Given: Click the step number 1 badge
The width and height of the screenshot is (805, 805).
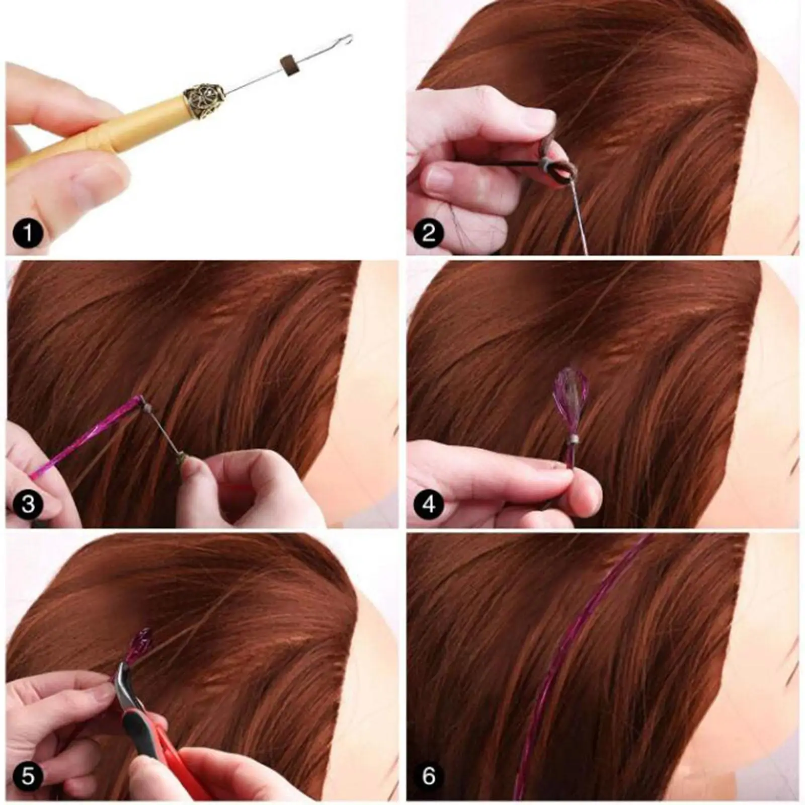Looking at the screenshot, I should pyautogui.click(x=28, y=233).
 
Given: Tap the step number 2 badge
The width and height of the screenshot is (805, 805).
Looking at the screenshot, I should pyautogui.click(x=429, y=233).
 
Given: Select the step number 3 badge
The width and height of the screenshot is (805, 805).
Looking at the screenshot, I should pyautogui.click(x=28, y=504).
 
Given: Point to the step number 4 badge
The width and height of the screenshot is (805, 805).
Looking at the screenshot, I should pyautogui.click(x=429, y=504).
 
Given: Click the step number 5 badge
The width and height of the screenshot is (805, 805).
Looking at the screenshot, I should pyautogui.click(x=28, y=775).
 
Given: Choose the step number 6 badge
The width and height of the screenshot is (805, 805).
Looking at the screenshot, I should pyautogui.click(x=429, y=775).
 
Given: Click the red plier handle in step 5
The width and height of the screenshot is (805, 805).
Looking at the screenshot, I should pyautogui.click(x=166, y=745).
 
